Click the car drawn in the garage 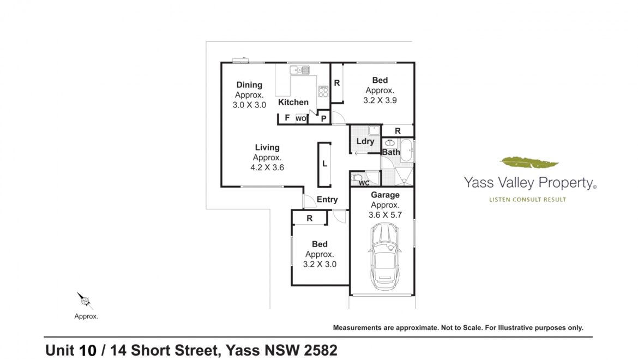pyautogui.click(x=384, y=256)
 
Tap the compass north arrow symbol pyautogui.click(x=85, y=301)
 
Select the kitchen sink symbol pyautogui.click(x=300, y=70)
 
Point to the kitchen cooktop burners pyautogui.click(x=323, y=92)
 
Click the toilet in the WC pyautogui.click(x=357, y=178)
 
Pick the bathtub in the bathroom pyautogui.click(x=406, y=151)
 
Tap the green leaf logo pyautogui.click(x=529, y=163)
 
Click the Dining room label pyautogui.click(x=249, y=85)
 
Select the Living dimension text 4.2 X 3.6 pyautogui.click(x=267, y=167)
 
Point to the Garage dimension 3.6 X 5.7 pyautogui.click(x=385, y=215)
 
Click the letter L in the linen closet pyautogui.click(x=324, y=164)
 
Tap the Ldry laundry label pyautogui.click(x=365, y=141)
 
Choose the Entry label pyautogui.click(x=327, y=199)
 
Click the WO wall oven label pyautogui.click(x=301, y=119)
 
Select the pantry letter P pyautogui.click(x=324, y=119)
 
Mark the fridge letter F pyautogui.click(x=287, y=118)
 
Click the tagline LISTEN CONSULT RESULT pyautogui.click(x=527, y=199)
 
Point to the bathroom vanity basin pyautogui.click(x=390, y=143)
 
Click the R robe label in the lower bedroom pyautogui.click(x=310, y=218)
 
